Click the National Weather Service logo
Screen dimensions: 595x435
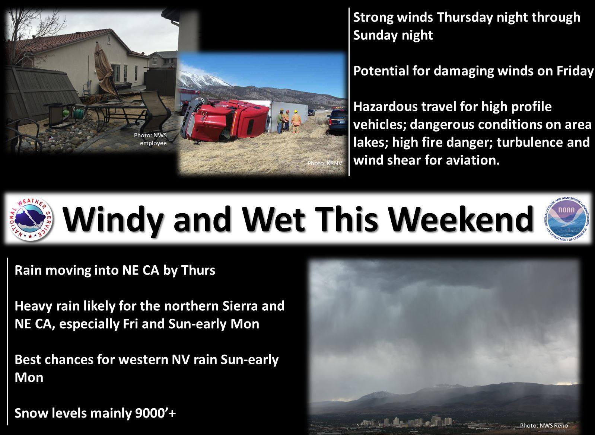pos(31,219)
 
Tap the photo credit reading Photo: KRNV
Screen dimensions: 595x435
pos(325,163)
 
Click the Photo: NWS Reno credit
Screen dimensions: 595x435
pos(544,425)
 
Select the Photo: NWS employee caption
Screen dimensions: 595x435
pos(150,139)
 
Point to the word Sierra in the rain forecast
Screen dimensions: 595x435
pos(240,306)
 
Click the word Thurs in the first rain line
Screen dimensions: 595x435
pos(198,270)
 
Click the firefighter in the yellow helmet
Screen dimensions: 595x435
pos(296,122)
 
